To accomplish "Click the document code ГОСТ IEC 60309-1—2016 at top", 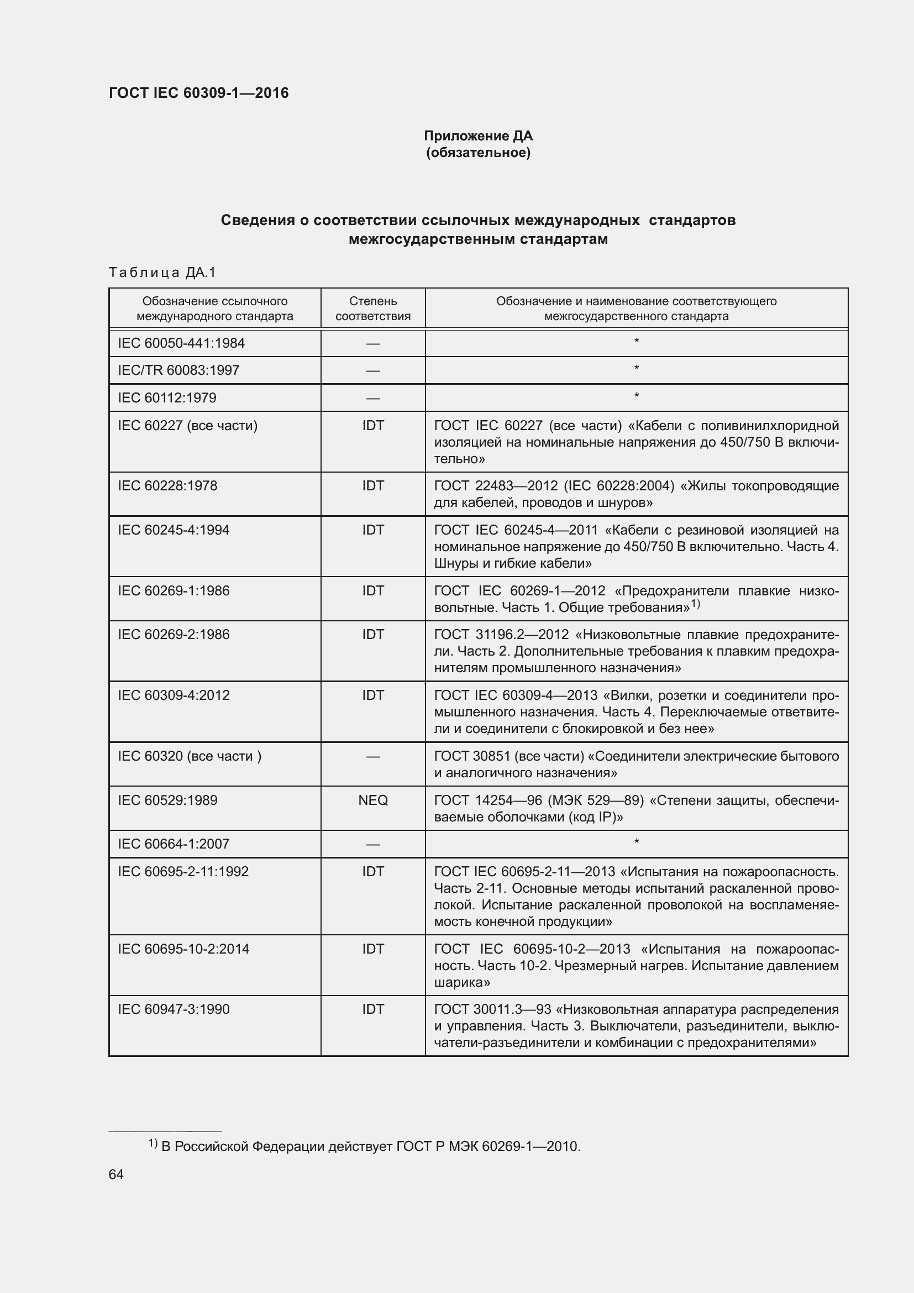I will coord(198,93).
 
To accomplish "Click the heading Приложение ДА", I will coord(478,136).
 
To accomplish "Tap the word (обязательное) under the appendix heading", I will coord(478,153).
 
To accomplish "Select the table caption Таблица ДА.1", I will coord(162,273).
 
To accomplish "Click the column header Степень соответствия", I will coord(372,308).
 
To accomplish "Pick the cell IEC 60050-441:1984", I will coord(181,343).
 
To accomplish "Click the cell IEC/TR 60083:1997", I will coord(178,370).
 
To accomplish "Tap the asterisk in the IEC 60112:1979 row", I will coord(636,396).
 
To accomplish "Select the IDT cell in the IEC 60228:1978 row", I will coord(372,485).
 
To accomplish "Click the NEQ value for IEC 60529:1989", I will coord(372,800).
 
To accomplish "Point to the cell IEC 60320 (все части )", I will coord(189,756).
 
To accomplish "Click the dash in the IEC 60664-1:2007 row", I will coord(372,844).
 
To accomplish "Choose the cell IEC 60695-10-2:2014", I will coord(183,949).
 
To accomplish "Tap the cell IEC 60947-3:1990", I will coord(174,1009).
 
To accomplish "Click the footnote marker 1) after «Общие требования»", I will coord(695,605).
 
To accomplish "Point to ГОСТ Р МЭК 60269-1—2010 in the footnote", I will coord(487,1146).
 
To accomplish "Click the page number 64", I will coord(116,1174).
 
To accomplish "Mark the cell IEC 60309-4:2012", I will coord(174,695).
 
